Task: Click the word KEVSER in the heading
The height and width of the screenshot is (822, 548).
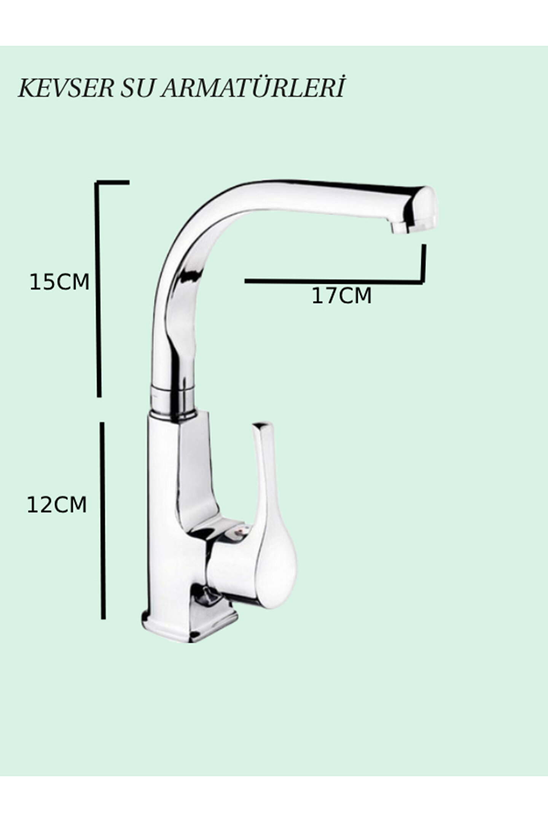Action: (66, 89)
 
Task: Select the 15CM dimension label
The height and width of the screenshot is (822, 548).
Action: (59, 282)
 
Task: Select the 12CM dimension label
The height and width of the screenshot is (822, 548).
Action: (57, 505)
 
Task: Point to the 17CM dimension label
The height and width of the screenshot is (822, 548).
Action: (341, 296)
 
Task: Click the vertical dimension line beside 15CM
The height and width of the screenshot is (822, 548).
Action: (98, 289)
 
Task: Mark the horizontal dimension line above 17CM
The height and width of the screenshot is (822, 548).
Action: (333, 282)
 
